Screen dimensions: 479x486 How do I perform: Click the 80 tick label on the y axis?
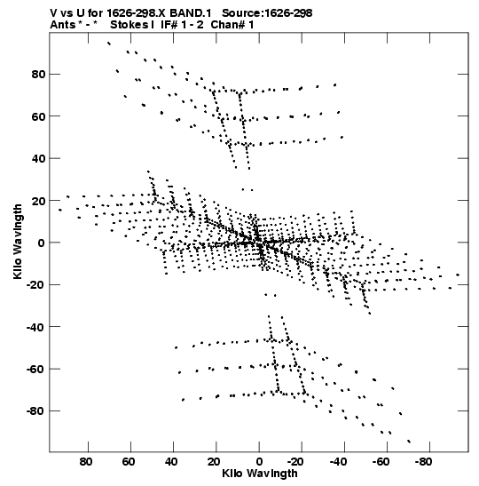click(38, 75)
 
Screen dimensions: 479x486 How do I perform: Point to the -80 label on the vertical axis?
click(35, 411)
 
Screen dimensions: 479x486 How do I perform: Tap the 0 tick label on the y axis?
click(42, 243)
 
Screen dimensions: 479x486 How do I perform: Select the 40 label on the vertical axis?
click(38, 158)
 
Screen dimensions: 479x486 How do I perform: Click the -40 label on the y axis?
click(35, 327)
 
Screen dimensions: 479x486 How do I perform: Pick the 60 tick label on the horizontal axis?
click(128, 462)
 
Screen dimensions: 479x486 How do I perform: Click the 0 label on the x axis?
click(259, 462)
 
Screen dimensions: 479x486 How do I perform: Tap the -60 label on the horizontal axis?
click(381, 462)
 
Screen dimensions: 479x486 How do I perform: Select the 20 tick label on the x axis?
click(214, 462)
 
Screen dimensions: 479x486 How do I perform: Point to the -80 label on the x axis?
click(423, 462)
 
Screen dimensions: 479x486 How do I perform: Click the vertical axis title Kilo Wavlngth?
click(18, 242)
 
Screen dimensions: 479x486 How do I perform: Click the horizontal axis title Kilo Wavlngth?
click(260, 474)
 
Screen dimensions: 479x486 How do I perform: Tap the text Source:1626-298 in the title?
click(267, 13)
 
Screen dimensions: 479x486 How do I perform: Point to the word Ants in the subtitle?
click(62, 25)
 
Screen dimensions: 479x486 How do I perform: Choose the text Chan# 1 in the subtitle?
click(232, 25)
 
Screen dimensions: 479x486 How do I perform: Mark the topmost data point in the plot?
click(108, 44)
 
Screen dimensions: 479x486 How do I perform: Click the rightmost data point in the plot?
click(458, 275)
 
